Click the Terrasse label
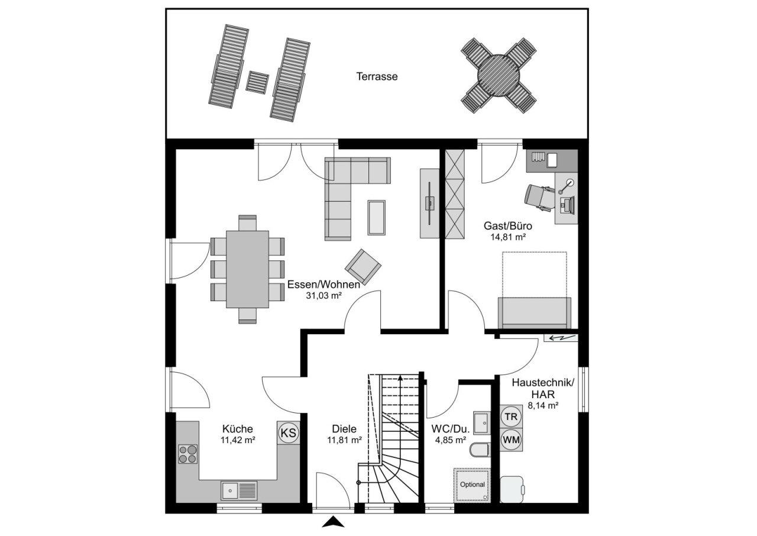(377, 76)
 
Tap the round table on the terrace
(498, 75)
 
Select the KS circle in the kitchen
(288, 432)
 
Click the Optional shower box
(472, 485)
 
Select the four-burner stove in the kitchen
(188, 454)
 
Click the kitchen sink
(239, 490)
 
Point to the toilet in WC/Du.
(480, 451)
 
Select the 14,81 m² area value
(508, 237)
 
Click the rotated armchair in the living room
(363, 267)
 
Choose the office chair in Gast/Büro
(538, 197)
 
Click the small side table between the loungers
(257, 82)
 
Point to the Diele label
(344, 429)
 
